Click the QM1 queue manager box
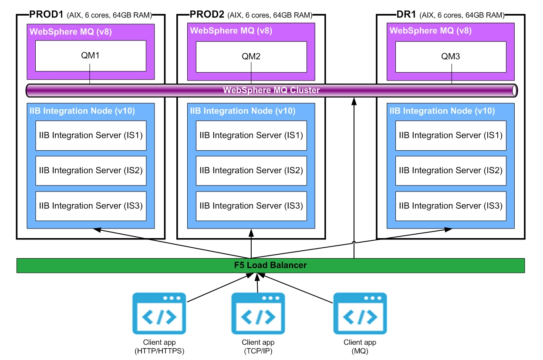91,56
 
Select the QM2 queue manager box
251,57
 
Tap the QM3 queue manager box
451,57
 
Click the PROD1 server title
47,14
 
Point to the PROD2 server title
207,14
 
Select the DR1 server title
407,14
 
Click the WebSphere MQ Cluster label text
271,91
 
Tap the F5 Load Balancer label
270,265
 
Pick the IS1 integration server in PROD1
91,135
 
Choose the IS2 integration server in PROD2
251,171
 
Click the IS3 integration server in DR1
451,206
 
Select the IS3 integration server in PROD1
91,206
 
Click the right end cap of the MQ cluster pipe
515,91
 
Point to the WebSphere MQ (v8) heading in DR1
430,31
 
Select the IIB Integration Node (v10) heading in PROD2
243,111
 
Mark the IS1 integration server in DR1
451,135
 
